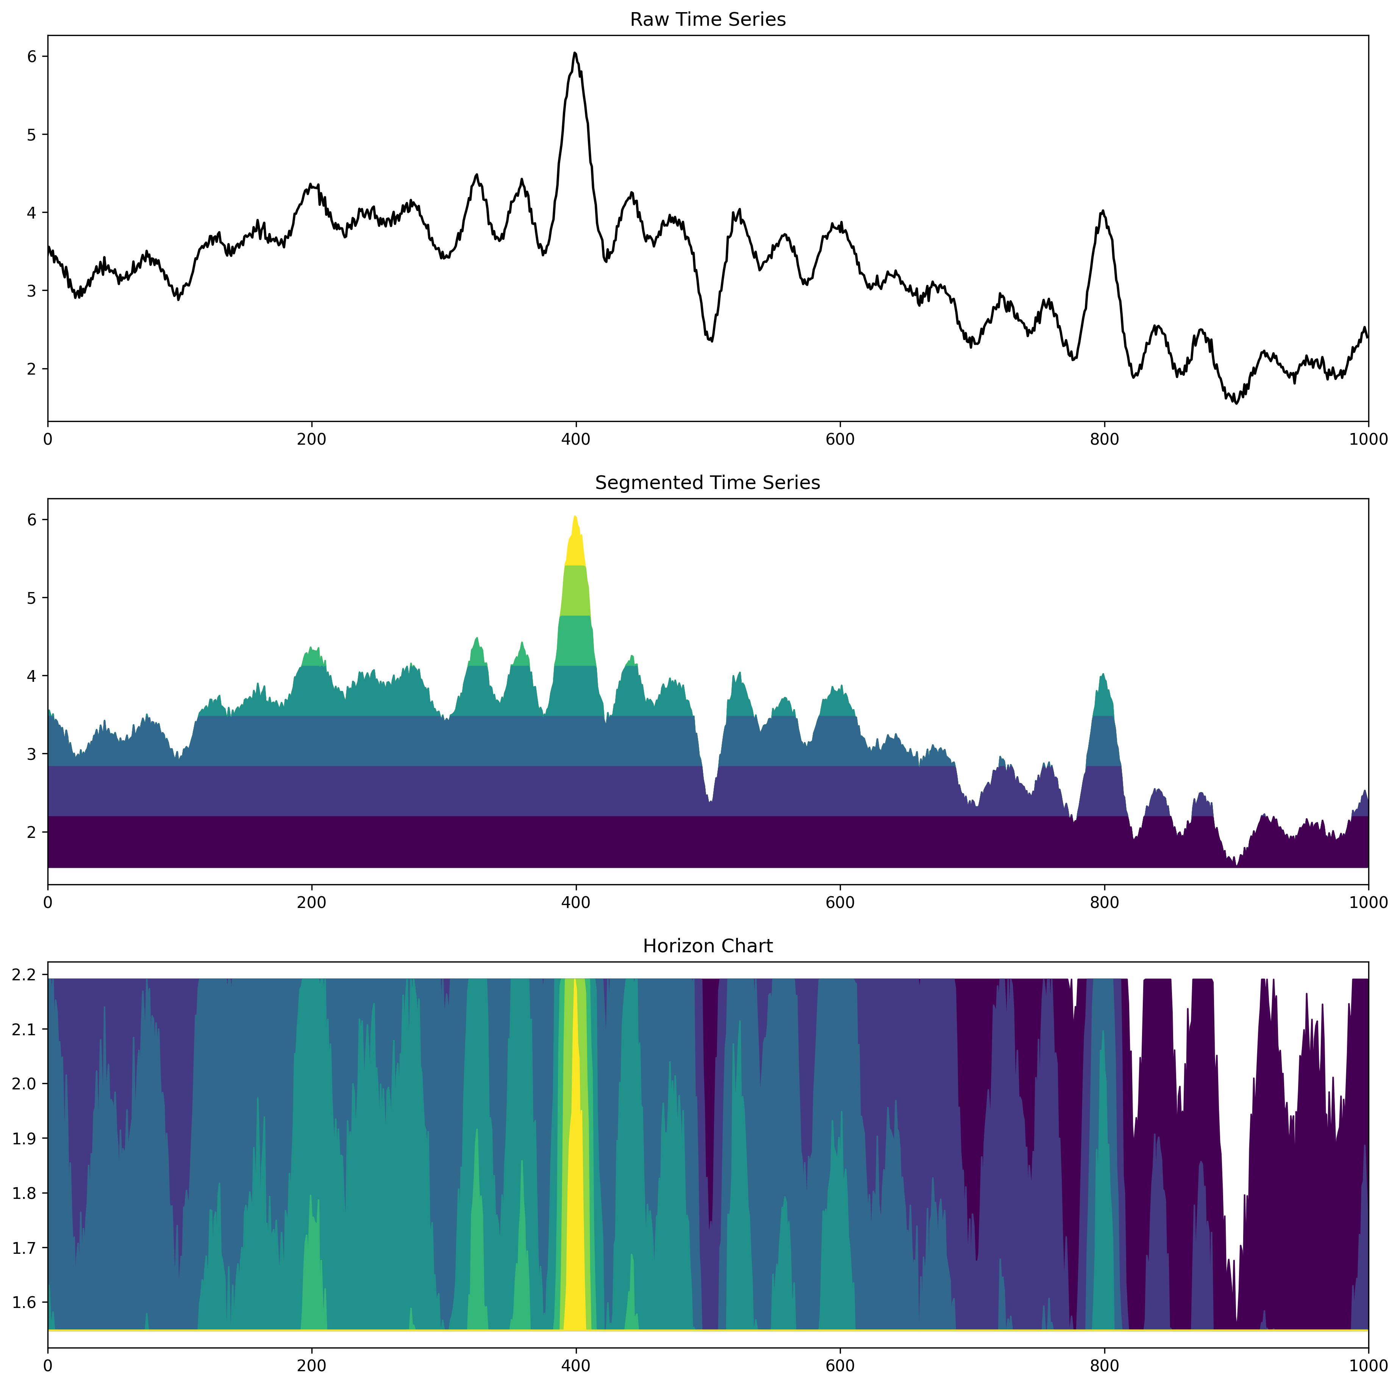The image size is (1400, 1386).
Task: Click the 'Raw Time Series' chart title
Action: (x=707, y=20)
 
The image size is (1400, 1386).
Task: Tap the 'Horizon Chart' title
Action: (x=707, y=946)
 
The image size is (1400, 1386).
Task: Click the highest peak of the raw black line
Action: (x=575, y=53)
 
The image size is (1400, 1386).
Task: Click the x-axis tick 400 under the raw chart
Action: (x=575, y=439)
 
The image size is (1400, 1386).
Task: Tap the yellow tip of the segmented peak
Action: (x=575, y=544)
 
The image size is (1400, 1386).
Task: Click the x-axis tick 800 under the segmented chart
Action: (x=1104, y=903)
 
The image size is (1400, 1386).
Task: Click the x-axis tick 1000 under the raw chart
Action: (x=1367, y=439)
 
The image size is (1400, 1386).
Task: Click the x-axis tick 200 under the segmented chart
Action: (x=312, y=903)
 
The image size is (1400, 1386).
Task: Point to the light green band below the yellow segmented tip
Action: (x=575, y=591)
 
